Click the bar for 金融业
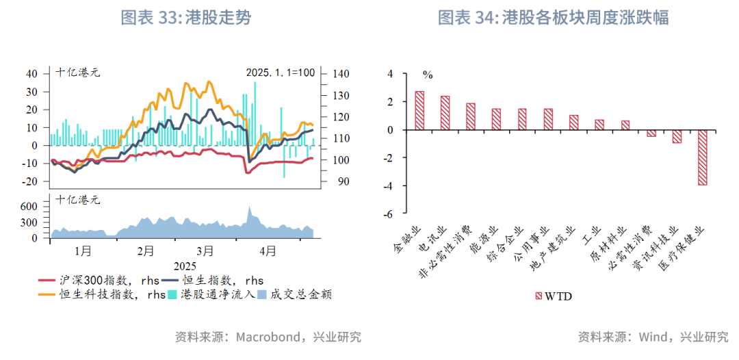(x=419, y=110)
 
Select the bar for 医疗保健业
(x=703, y=157)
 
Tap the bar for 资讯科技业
(x=677, y=136)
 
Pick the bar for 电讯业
(x=445, y=113)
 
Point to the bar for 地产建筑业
(x=573, y=123)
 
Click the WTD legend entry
(x=553, y=296)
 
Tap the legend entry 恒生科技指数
(x=103, y=295)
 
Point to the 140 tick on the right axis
(x=340, y=74)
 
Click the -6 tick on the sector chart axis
(x=389, y=214)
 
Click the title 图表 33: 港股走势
(x=185, y=18)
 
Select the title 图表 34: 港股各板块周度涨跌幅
(x=553, y=18)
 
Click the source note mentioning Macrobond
(x=268, y=337)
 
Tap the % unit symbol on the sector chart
(x=427, y=74)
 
